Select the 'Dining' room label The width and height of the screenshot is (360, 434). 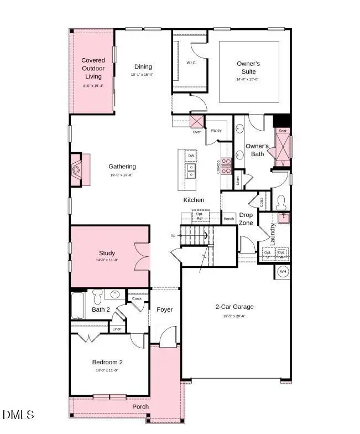pos(143,67)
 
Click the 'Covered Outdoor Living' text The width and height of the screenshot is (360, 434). pos(93,68)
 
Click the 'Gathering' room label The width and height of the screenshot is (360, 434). pos(122,167)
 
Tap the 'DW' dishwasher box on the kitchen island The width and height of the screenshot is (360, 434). pos(191,156)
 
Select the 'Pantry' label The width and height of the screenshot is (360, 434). pos(216,132)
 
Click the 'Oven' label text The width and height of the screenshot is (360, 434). pos(197,132)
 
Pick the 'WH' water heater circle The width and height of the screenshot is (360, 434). pos(283,271)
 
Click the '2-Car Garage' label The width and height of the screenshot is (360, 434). pos(234,307)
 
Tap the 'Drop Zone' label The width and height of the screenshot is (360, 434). pos(246,219)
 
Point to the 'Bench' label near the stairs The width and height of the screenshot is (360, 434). pos(228,219)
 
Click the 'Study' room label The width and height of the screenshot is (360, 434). pos(107,253)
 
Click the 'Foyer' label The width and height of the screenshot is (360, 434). pos(165,309)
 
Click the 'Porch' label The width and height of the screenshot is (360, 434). pos(140,407)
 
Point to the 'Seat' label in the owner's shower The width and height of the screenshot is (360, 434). pos(282,131)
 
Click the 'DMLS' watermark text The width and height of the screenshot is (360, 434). pos(18,415)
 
